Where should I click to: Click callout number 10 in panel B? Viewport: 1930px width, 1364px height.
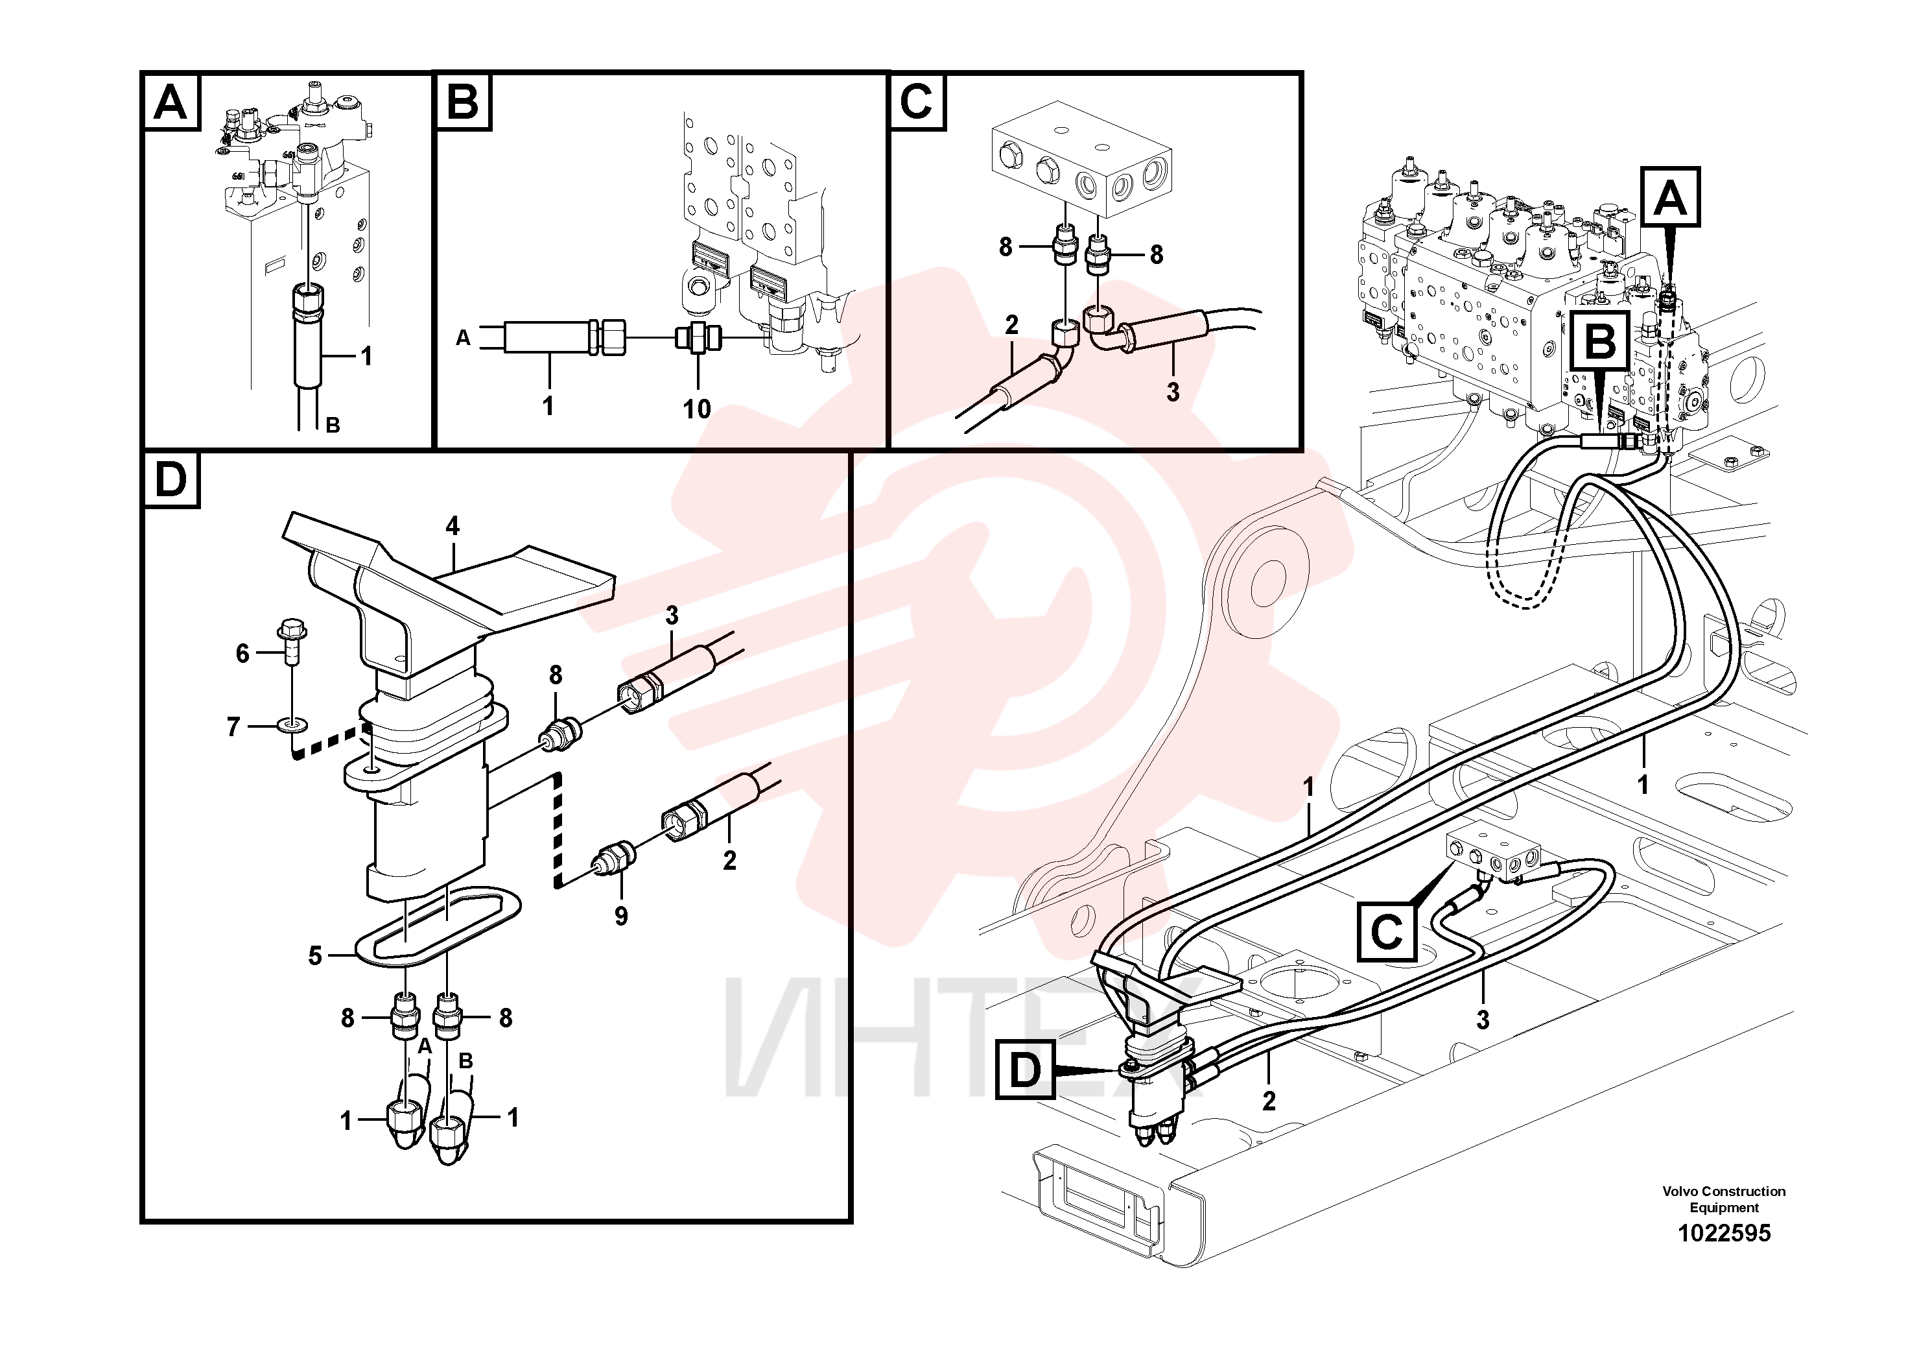(696, 409)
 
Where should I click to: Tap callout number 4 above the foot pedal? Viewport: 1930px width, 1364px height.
(453, 527)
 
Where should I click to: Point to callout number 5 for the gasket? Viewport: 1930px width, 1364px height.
(315, 956)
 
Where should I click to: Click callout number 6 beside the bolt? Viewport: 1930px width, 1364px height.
(242, 652)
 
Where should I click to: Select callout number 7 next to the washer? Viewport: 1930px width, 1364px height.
(233, 726)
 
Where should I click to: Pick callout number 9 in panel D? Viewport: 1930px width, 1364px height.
(620, 916)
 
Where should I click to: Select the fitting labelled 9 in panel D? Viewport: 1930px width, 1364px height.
(615, 859)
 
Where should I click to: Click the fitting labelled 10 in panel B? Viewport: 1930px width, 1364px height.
(698, 338)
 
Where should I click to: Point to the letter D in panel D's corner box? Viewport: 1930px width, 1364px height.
(172, 480)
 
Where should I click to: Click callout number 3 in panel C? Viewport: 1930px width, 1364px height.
(1173, 392)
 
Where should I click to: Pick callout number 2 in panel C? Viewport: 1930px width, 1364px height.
(1011, 324)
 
